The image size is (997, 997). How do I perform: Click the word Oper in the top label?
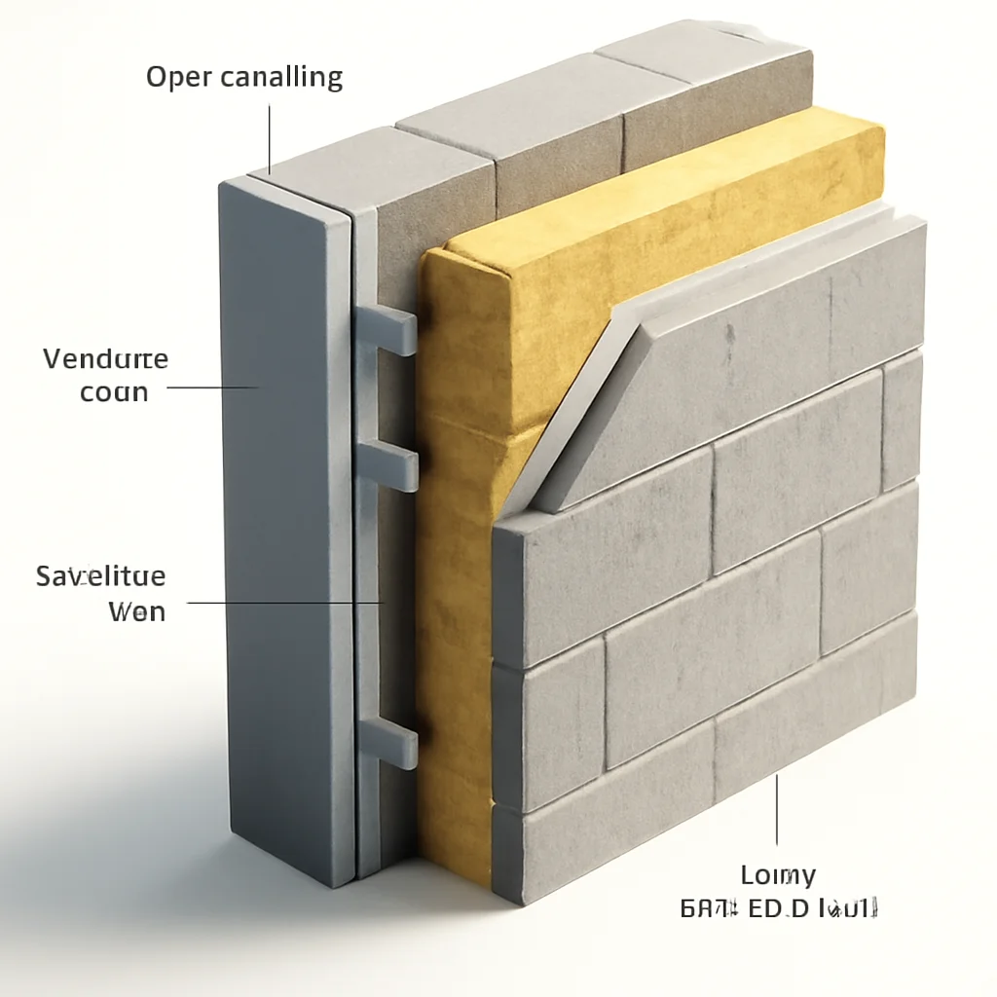(178, 78)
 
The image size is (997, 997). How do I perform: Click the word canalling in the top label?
(281, 78)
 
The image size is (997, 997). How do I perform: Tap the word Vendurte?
(105, 359)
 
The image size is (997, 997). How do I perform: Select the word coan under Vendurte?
(114, 393)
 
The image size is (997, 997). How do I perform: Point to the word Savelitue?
(101, 576)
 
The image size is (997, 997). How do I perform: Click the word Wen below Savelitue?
(136, 612)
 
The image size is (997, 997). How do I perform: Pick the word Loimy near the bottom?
(778, 874)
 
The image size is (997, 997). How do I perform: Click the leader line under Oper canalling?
(270, 136)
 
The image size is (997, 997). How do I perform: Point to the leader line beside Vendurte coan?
(214, 387)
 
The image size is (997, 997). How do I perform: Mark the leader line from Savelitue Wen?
(282, 603)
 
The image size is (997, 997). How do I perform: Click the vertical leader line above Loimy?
(777, 808)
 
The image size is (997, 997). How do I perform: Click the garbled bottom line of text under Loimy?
(779, 910)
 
